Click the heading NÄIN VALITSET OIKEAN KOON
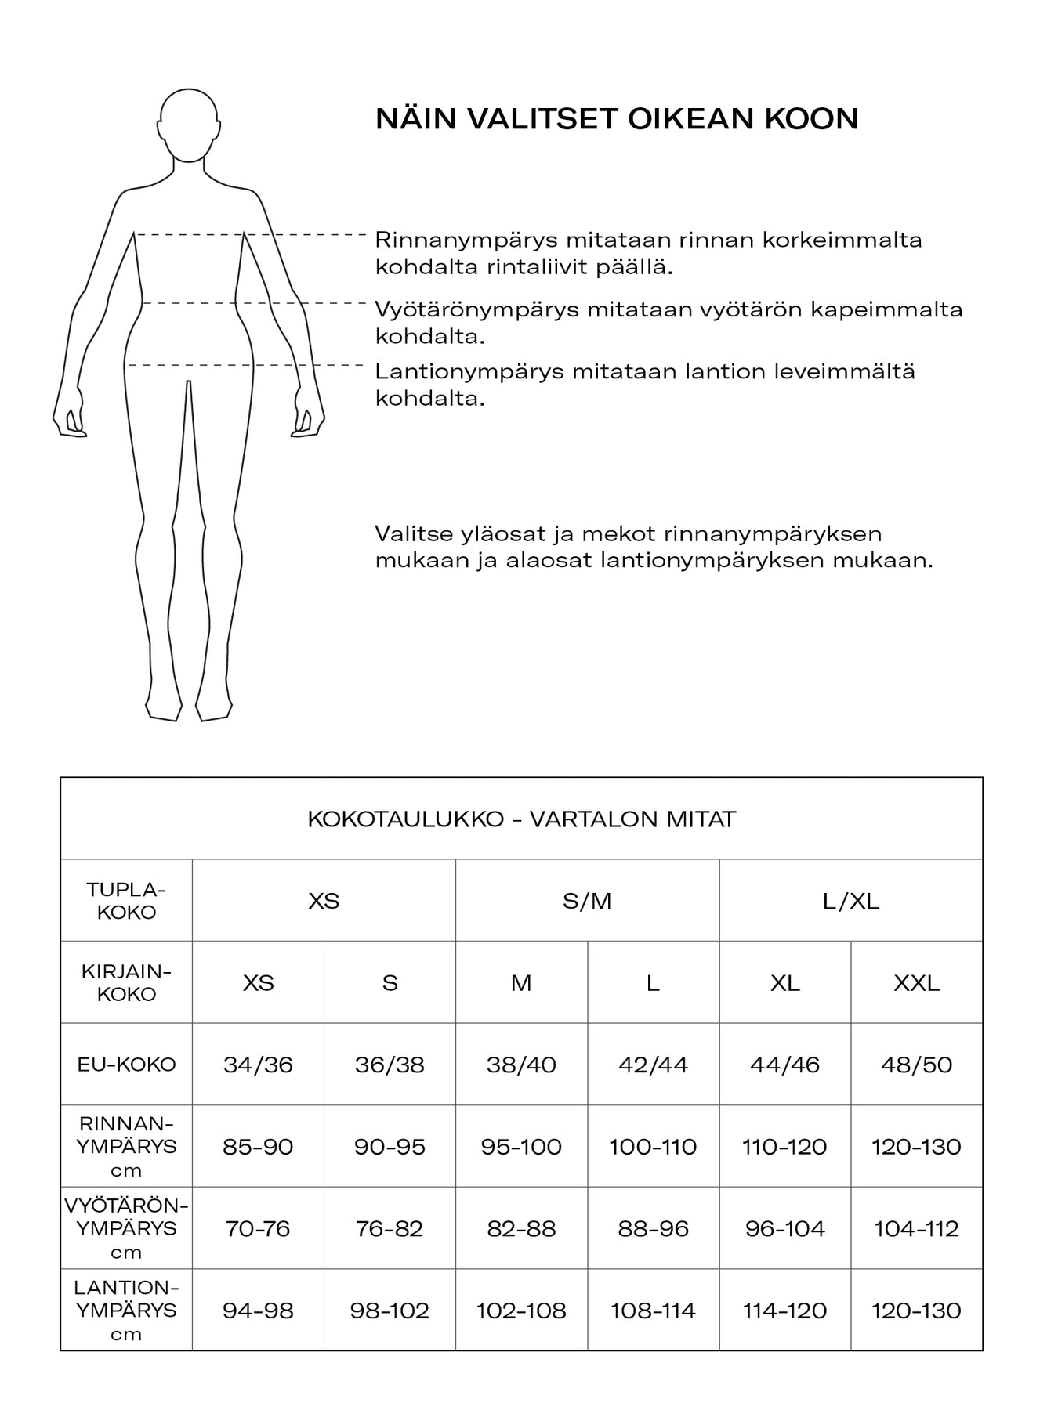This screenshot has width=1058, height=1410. (x=617, y=119)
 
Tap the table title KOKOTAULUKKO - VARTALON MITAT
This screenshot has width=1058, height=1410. (x=521, y=819)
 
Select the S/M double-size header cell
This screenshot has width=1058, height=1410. (x=587, y=901)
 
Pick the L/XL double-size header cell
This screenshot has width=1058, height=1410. (x=851, y=901)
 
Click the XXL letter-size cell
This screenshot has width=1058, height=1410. (x=916, y=983)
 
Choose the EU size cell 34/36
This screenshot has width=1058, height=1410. (x=258, y=1065)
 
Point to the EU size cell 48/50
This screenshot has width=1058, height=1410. (x=916, y=1065)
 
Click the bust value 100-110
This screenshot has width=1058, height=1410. (x=653, y=1147)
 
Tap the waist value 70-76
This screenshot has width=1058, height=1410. (x=258, y=1228)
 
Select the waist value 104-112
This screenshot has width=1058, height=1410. (x=916, y=1228)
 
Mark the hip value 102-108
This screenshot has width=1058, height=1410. (x=521, y=1311)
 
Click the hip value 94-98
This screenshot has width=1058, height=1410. (x=258, y=1311)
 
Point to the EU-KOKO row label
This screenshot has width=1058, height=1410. (x=126, y=1065)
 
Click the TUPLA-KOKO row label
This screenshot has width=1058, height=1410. (x=126, y=901)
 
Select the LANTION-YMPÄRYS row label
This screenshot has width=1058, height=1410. (x=126, y=1311)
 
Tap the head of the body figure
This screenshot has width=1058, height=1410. (x=189, y=125)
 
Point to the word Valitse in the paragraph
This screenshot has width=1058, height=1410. (x=414, y=534)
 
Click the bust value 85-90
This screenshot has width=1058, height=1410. (x=258, y=1147)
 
